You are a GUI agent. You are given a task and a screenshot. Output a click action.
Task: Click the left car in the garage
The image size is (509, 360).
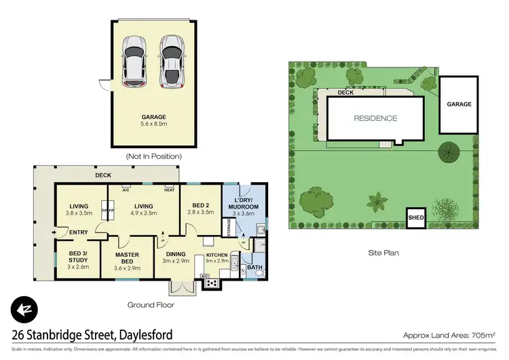133,61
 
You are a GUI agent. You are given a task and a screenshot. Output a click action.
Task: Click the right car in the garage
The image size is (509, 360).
171,61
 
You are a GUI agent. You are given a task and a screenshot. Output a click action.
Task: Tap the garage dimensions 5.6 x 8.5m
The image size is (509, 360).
153,124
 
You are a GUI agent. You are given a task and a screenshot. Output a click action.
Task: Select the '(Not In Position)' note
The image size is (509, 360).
153,156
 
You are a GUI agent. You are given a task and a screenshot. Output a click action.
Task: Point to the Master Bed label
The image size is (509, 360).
127,259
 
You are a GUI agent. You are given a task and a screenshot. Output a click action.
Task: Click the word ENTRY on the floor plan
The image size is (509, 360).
79,233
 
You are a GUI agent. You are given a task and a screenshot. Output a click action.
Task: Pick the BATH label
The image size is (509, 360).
254,267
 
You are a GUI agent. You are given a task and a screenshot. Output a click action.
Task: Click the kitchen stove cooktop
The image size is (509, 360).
212,283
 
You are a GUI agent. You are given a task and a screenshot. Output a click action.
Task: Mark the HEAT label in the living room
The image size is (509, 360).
168,190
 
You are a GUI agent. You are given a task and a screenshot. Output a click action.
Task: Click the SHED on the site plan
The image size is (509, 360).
415,219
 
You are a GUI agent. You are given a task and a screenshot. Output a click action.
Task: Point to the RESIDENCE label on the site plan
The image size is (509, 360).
375,118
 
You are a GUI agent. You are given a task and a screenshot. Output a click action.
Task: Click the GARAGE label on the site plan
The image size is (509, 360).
459,105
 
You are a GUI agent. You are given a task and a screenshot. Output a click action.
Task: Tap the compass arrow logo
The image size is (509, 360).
24,310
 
